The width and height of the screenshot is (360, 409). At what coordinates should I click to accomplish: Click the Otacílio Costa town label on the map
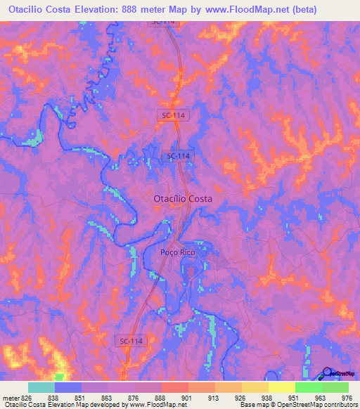tap(183, 199)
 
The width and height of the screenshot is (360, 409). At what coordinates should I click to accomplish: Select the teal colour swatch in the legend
tap(41, 387)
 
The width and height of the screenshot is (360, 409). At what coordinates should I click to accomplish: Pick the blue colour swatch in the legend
tap(68, 387)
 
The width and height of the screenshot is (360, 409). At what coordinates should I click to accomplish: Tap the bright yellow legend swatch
tap(281, 387)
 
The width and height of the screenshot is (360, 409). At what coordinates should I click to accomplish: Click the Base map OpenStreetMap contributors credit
tap(298, 405)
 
